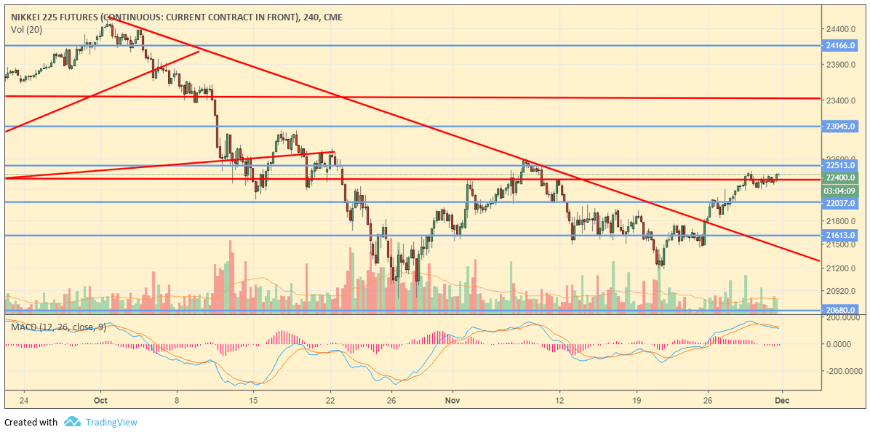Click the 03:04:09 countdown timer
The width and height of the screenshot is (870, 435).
pyautogui.click(x=840, y=190)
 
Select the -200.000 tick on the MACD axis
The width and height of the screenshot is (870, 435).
pyautogui.click(x=839, y=371)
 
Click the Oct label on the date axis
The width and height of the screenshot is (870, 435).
pyautogui.click(x=100, y=400)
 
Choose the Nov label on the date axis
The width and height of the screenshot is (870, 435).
pyautogui.click(x=452, y=400)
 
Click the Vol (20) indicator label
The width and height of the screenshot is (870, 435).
pyautogui.click(x=27, y=29)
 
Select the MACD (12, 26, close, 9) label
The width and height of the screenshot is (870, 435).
pyautogui.click(x=58, y=327)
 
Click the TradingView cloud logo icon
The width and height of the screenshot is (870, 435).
pyautogui.click(x=72, y=422)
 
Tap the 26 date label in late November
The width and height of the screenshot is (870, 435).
pyautogui.click(x=706, y=400)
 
